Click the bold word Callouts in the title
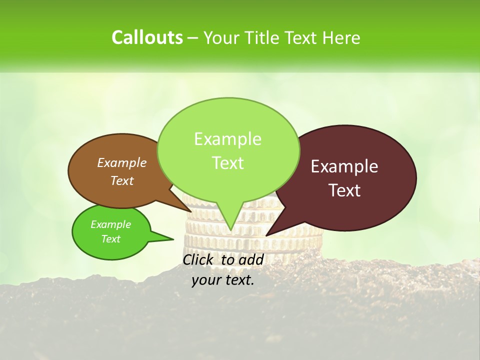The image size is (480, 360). [x=147, y=37]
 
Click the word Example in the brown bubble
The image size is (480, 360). [x=122, y=162]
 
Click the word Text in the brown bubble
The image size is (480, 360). [x=122, y=180]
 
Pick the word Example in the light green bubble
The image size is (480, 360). [x=227, y=139]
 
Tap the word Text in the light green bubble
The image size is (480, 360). [x=227, y=163]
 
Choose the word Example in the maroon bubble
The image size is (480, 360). [x=344, y=166]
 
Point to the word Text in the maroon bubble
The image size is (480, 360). [x=345, y=190]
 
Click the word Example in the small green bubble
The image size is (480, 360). [x=110, y=224]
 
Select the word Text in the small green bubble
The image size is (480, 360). [x=110, y=239]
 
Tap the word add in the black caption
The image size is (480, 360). [x=251, y=259]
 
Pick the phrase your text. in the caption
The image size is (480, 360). [x=223, y=280]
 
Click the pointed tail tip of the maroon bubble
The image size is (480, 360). [x=266, y=235]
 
